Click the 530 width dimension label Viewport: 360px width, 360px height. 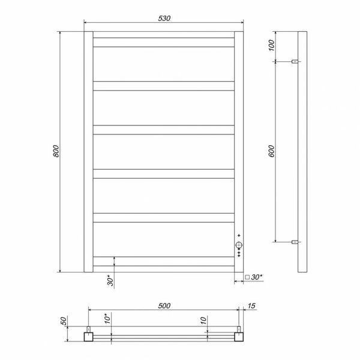(164, 18)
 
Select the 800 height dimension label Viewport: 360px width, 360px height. (56, 151)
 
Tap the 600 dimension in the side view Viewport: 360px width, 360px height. (271, 151)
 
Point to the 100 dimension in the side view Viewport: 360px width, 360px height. (271, 45)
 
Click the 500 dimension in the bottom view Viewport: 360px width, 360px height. (164, 305)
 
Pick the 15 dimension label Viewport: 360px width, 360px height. (251, 305)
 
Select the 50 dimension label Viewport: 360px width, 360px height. (64, 321)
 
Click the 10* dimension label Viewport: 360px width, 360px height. (107, 319)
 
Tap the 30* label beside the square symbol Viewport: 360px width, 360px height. (257, 277)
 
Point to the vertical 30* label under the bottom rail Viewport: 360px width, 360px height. (110, 280)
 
